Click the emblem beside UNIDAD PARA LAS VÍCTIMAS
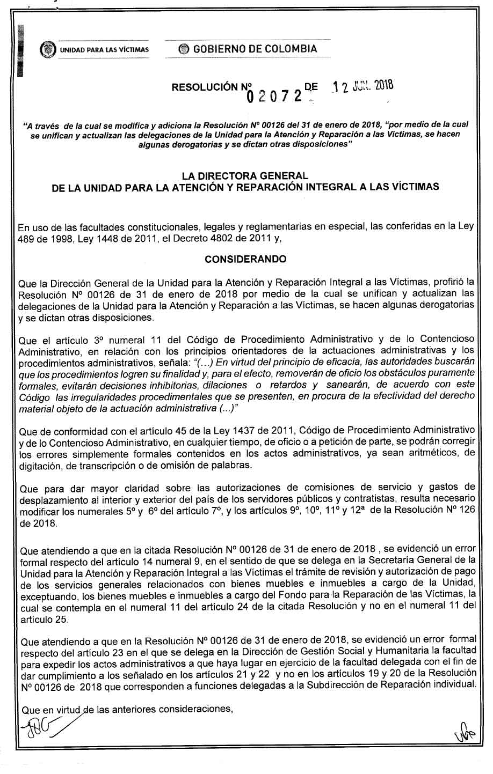[x=48, y=50]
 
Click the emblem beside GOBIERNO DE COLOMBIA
[x=184, y=49]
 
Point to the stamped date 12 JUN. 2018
[x=363, y=86]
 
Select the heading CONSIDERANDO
[x=246, y=259]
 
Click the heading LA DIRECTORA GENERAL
[x=245, y=176]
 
